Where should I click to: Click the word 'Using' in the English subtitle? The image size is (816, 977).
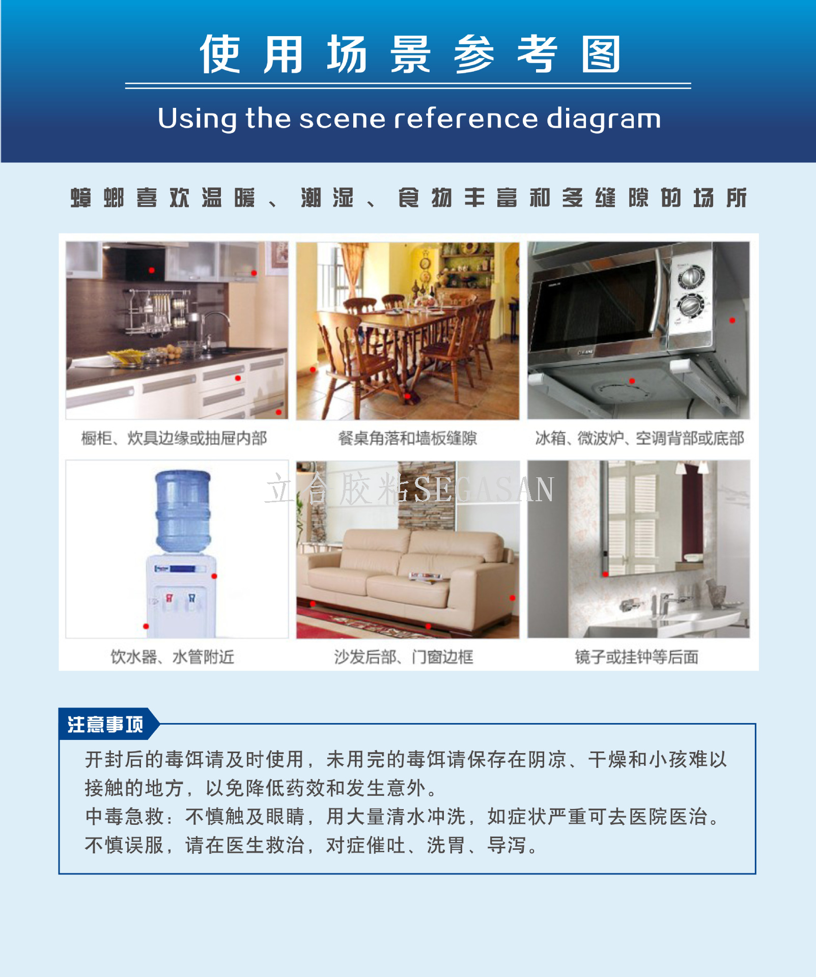pyautogui.click(x=197, y=119)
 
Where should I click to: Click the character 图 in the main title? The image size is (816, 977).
pyautogui.click(x=601, y=54)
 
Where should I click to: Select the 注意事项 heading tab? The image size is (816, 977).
pyautogui.click(x=105, y=724)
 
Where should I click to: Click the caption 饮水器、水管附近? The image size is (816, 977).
pyautogui.click(x=173, y=657)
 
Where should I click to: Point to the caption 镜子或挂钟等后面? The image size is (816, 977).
pyautogui.click(x=637, y=657)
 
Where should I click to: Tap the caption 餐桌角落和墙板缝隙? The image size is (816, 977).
pyautogui.click(x=408, y=438)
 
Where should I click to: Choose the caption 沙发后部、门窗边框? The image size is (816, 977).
pyautogui.click(x=404, y=657)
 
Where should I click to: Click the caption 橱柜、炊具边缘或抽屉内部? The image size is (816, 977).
pyautogui.click(x=174, y=438)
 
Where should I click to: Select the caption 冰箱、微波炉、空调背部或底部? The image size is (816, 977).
pyautogui.click(x=639, y=438)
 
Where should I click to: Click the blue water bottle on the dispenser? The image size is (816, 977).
pyautogui.click(x=183, y=511)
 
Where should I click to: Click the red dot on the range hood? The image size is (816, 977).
pyautogui.click(x=151, y=270)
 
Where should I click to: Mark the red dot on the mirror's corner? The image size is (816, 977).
pyautogui.click(x=605, y=574)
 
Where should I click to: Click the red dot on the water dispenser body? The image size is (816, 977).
pyautogui.click(x=214, y=576)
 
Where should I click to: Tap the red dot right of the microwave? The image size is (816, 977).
pyautogui.click(x=732, y=320)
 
